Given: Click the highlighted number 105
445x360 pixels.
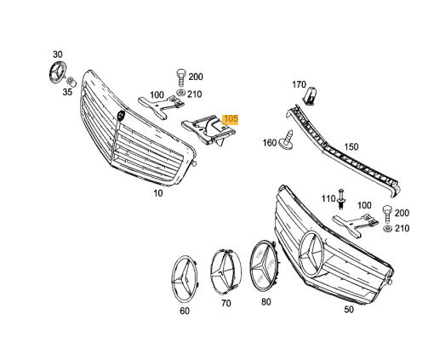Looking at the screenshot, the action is [231, 119].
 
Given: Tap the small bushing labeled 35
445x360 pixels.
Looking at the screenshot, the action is [71, 82].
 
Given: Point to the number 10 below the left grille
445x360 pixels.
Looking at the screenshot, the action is [158, 193].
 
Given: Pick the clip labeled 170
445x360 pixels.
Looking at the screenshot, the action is [311, 96].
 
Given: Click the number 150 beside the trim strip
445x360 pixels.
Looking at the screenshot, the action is [351, 147].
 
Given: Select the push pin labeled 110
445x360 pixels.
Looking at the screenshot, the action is [342, 199].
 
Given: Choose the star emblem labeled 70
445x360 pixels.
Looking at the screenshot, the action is [225, 273].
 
